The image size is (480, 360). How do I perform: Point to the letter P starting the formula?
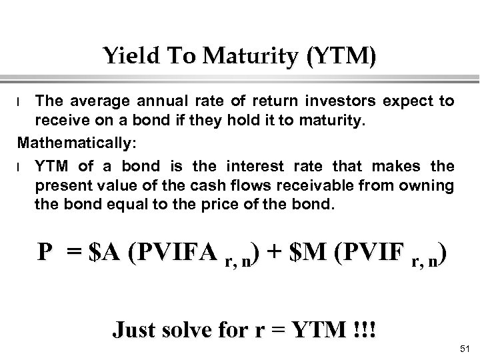pyautogui.click(x=45, y=253)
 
